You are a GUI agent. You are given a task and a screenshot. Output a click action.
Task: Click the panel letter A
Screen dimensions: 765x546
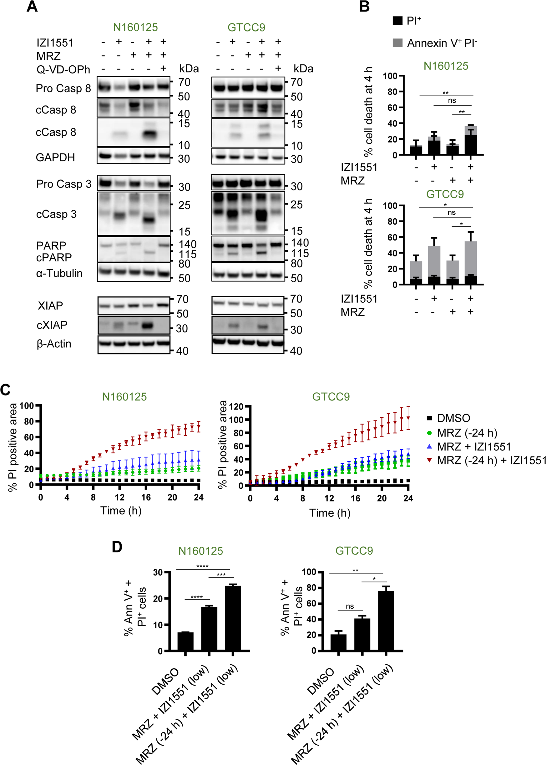coord(32,7)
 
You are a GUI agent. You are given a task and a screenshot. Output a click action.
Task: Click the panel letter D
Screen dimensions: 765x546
coord(117,547)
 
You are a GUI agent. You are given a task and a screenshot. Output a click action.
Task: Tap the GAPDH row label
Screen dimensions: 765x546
coord(55,157)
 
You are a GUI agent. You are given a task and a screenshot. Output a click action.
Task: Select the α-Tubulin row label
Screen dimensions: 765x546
coord(59,273)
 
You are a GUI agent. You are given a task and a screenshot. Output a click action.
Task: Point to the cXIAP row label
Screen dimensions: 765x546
coord(52,325)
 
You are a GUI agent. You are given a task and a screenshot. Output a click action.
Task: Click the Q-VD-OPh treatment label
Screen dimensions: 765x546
coord(63,69)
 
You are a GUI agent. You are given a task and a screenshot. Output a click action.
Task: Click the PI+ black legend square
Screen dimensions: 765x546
coord(397,21)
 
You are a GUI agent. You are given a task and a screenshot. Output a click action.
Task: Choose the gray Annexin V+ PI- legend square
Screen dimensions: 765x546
coord(397,43)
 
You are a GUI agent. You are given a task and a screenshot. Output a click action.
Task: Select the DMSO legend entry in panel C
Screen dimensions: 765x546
coord(453,418)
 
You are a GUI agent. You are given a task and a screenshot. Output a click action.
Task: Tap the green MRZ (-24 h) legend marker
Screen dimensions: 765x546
coord(429,433)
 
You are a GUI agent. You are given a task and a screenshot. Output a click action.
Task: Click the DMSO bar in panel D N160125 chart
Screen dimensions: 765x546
coord(185,641)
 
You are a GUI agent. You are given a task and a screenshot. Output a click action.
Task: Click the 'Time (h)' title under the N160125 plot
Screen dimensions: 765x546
coord(121,510)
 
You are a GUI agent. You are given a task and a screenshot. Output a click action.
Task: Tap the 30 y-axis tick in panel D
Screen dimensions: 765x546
coord(158,572)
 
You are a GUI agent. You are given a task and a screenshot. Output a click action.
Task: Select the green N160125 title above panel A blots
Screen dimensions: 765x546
coord(135,27)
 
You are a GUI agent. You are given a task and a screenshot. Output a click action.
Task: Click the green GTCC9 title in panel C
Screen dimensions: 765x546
coord(331,397)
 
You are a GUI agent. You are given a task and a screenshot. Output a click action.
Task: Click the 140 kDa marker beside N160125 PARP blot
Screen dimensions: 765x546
coord(187,244)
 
